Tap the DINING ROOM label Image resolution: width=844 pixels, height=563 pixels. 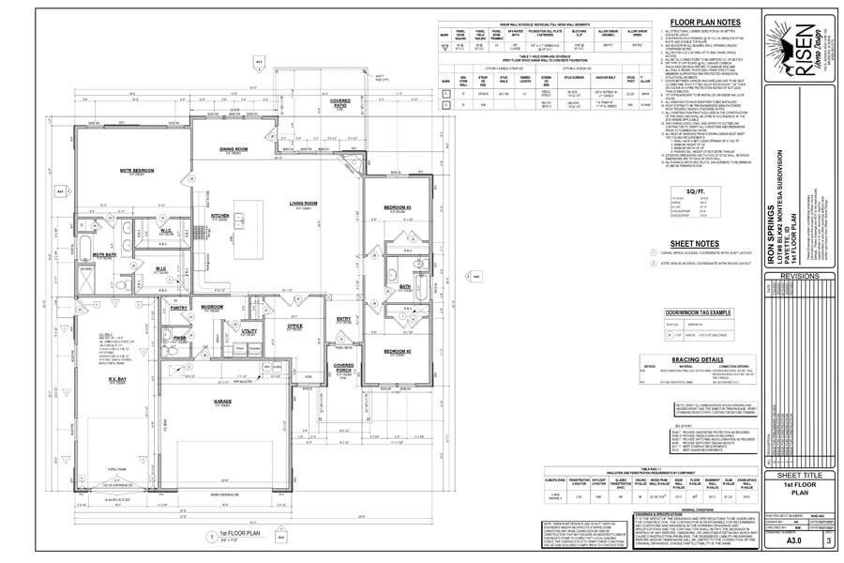(234, 149)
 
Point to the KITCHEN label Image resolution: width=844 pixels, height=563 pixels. (220, 215)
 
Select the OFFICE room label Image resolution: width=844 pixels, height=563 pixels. (294, 327)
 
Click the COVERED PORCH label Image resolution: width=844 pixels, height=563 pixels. (344, 368)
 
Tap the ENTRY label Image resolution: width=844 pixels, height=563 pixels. (343, 319)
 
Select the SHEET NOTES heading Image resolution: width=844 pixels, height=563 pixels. (694, 242)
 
